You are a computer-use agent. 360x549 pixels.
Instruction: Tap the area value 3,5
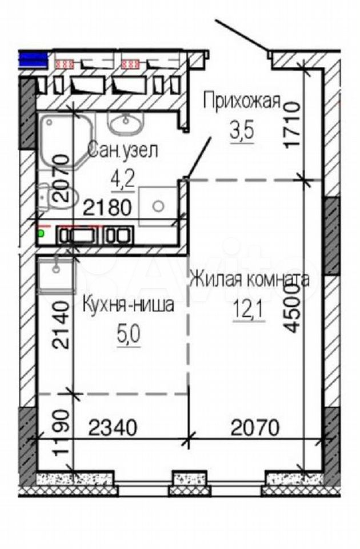coord(241,131)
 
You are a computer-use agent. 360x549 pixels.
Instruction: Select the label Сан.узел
coord(123,150)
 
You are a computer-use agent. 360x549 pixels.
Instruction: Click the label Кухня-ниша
coord(128,305)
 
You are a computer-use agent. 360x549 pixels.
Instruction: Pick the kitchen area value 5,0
coord(129,335)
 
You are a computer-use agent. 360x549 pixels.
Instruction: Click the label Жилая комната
coord(250,280)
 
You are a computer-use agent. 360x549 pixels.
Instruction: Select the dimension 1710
coord(293,125)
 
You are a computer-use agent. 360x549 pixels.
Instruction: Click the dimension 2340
coord(113,428)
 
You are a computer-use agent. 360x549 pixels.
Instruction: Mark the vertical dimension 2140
coord(61,325)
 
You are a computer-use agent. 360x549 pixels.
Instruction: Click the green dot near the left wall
coord(41,233)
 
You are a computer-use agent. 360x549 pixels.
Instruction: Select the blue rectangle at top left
coord(33,59)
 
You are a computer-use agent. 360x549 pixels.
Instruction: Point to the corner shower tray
coord(66,141)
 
